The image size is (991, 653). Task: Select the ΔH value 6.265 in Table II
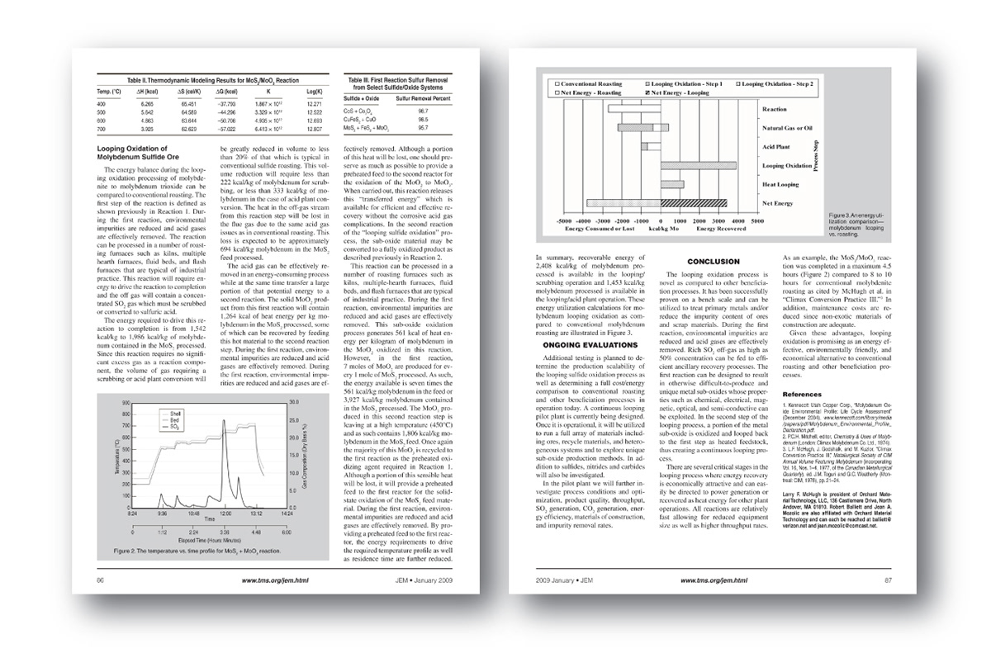click(147, 105)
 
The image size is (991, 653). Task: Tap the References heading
click(802, 394)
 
